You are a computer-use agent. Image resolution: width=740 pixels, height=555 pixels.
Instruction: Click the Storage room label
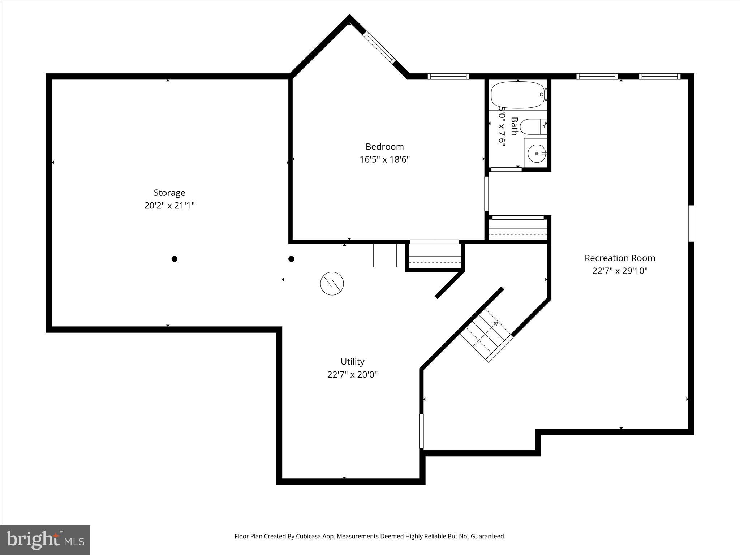tap(169, 193)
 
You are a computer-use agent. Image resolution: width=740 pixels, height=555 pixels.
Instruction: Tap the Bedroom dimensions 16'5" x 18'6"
tap(384, 159)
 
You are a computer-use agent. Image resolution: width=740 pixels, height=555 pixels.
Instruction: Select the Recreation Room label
tap(620, 258)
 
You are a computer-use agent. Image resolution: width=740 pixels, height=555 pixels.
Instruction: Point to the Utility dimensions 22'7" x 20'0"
tap(352, 374)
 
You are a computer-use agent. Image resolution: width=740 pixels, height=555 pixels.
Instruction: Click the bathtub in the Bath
tap(517, 95)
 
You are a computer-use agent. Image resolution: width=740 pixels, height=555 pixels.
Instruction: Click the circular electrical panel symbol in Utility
tap(332, 283)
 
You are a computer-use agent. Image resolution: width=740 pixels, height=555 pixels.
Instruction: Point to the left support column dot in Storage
tap(175, 259)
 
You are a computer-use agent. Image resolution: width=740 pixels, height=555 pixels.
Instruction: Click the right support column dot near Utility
tap(291, 259)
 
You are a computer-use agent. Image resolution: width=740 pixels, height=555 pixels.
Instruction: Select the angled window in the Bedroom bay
tap(379, 47)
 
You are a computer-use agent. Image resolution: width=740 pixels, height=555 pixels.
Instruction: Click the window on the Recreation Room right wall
tap(691, 223)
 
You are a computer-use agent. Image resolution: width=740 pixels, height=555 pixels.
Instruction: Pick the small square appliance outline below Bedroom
tap(385, 255)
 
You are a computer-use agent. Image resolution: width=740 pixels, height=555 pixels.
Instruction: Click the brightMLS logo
tap(45, 540)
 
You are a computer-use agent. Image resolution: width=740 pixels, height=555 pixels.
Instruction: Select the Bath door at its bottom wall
tap(506, 169)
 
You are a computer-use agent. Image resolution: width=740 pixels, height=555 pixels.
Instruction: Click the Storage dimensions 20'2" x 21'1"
tap(169, 206)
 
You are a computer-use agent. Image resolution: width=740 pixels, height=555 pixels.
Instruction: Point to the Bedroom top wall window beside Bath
tap(448, 76)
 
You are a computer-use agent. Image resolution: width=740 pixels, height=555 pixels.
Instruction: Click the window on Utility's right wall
tap(421, 431)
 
